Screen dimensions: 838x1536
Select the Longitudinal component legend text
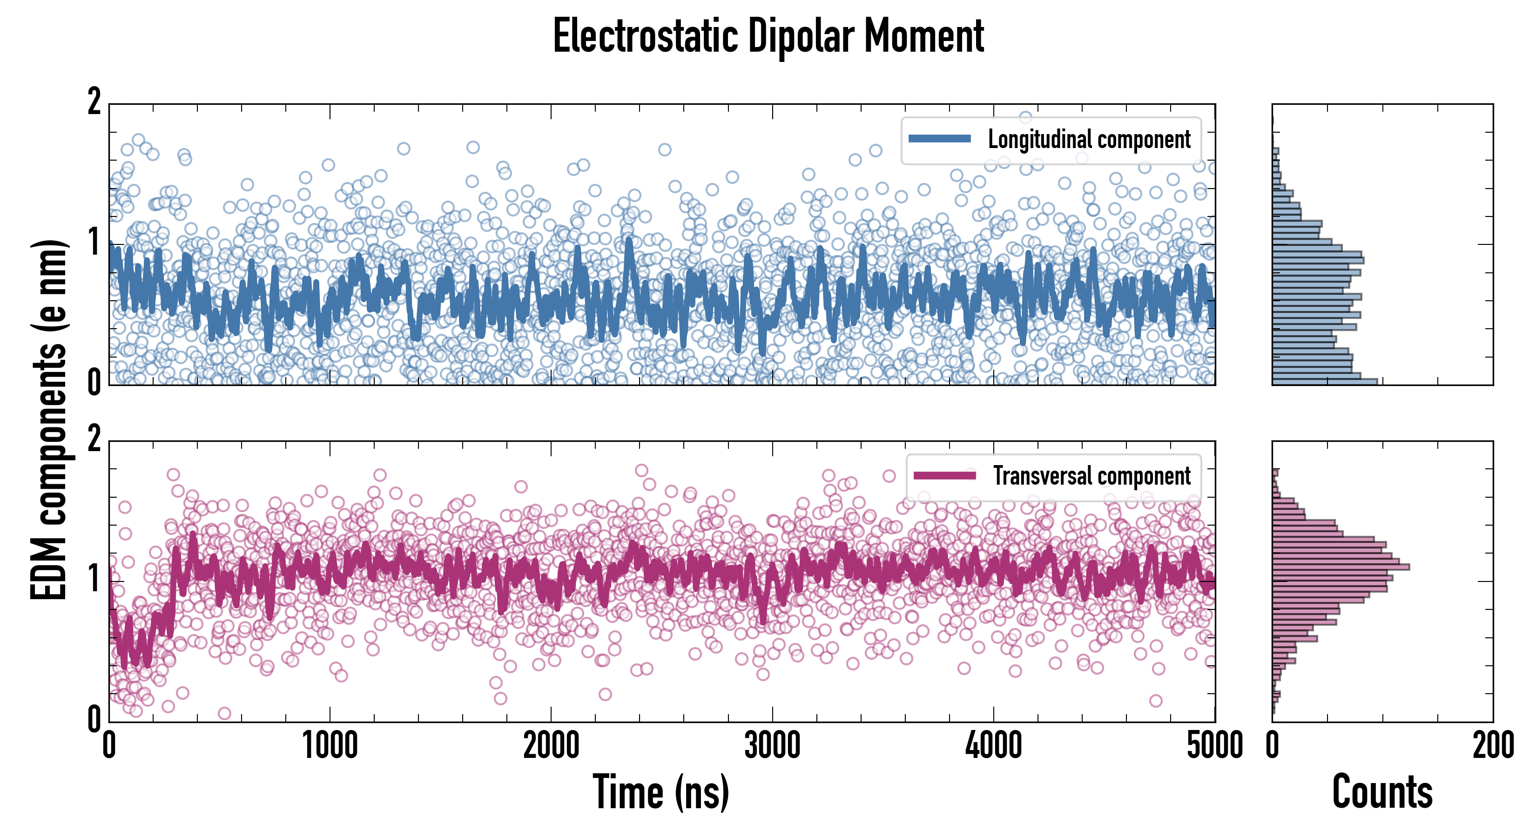pos(1089,140)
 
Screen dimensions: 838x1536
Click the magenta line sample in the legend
pos(944,475)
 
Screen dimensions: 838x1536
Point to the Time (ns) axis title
pos(660,792)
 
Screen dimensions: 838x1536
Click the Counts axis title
pos(1382,792)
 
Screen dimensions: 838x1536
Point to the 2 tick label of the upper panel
pos(94,102)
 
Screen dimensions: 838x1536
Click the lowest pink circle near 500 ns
pos(224,713)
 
